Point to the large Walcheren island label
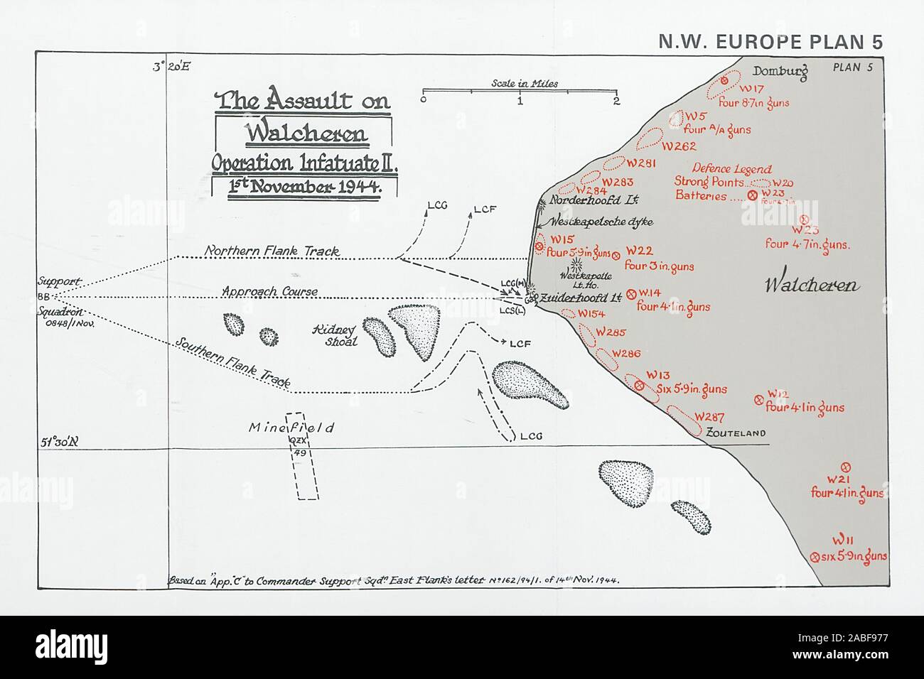pos(812,286)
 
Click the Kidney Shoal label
pos(335,335)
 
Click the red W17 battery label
pos(751,89)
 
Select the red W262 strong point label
pos(678,146)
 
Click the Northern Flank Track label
pos(272,251)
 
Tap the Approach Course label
pos(269,291)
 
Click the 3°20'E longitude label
pos(171,68)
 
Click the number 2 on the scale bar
pos(616,101)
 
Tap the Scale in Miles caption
pos(525,83)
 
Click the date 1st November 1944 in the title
pos(304,188)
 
